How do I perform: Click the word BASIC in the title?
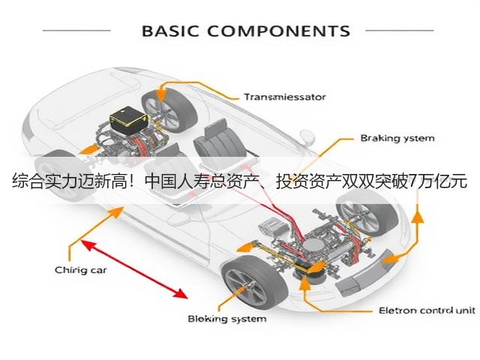(x=170, y=31)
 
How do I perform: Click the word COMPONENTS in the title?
(x=279, y=31)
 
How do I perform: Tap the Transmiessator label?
(x=285, y=97)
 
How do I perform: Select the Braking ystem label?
(x=397, y=138)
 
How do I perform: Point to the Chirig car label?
(x=81, y=270)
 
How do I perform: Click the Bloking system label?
(x=226, y=319)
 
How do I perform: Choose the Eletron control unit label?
(x=427, y=310)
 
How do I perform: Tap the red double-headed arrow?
(x=134, y=269)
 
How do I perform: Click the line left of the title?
(x=76, y=30)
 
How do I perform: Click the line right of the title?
(x=400, y=30)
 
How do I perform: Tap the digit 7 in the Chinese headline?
(x=412, y=181)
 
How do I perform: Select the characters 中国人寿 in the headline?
(x=173, y=181)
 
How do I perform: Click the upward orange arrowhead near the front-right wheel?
(x=417, y=217)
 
